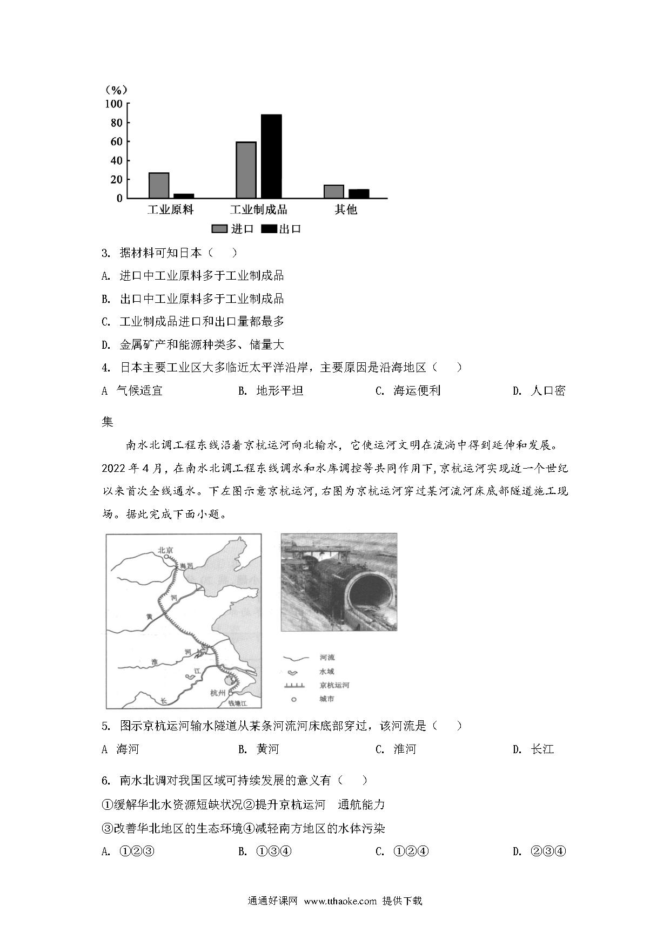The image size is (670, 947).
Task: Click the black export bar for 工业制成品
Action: pyautogui.click(x=271, y=156)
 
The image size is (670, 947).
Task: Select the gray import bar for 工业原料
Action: pyautogui.click(x=159, y=185)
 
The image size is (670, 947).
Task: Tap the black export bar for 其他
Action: pyautogui.click(x=359, y=193)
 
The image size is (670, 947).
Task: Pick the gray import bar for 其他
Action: pyautogui.click(x=334, y=191)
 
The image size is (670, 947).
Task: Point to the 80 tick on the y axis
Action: pyautogui.click(x=117, y=123)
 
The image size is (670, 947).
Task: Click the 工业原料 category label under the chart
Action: pyautogui.click(x=170, y=209)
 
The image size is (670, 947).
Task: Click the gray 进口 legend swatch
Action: pyautogui.click(x=219, y=229)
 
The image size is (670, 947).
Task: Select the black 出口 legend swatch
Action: pyautogui.click(x=269, y=229)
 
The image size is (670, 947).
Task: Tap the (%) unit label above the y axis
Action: pyautogui.click(x=116, y=90)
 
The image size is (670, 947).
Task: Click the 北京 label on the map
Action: pyautogui.click(x=165, y=550)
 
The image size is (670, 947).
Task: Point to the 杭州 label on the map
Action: pyautogui.click(x=218, y=693)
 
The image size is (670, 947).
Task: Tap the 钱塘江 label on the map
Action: pyautogui.click(x=237, y=703)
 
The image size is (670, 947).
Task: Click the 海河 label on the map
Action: pyautogui.click(x=186, y=565)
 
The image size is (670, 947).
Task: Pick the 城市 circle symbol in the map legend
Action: pyautogui.click(x=294, y=699)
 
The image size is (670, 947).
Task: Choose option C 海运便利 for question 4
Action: pyautogui.click(x=416, y=391)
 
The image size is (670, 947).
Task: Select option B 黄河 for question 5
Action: pyautogui.click(x=267, y=749)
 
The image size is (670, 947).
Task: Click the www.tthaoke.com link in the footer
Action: pyautogui.click(x=340, y=901)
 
